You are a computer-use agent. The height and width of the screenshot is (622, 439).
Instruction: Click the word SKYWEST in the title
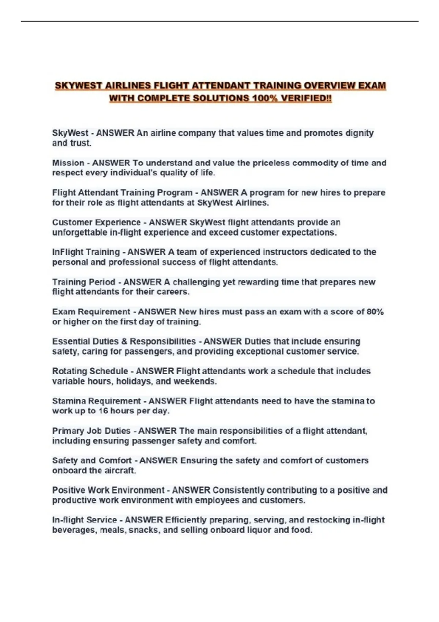(78, 86)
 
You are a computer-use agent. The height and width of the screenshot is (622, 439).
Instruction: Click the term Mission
(68, 163)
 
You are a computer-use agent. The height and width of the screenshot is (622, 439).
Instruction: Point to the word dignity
(359, 133)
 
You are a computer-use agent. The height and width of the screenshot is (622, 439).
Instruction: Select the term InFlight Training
(86, 252)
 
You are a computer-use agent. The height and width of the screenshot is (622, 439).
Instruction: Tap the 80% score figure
(375, 312)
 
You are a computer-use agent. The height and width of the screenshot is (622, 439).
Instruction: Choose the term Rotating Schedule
(90, 371)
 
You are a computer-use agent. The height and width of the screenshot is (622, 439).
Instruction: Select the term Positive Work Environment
(108, 490)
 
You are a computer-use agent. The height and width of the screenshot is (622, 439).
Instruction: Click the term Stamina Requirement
(96, 401)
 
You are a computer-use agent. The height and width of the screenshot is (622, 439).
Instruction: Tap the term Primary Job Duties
(91, 431)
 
